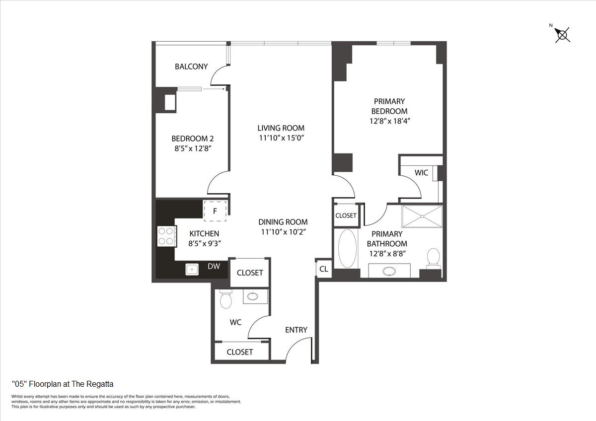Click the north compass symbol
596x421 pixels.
point(562,34)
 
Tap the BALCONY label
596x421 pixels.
point(191,67)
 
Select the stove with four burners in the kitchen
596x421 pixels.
point(167,236)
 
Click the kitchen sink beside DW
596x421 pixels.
point(192,269)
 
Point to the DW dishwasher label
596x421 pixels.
point(214,267)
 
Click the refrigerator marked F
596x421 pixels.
point(215,210)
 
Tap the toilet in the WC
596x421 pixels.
point(226,299)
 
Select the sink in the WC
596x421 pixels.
point(253,296)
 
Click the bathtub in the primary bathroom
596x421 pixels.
point(348,248)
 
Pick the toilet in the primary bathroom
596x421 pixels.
point(434,258)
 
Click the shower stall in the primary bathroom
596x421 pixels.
point(422,216)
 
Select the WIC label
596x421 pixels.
point(421,173)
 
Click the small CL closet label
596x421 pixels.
point(323,269)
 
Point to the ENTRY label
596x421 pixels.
point(296,330)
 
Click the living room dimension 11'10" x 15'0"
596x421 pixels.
point(281,138)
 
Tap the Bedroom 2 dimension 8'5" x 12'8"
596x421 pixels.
point(192,148)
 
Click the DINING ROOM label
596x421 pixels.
point(283,222)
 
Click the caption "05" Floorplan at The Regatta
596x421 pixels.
point(63,384)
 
